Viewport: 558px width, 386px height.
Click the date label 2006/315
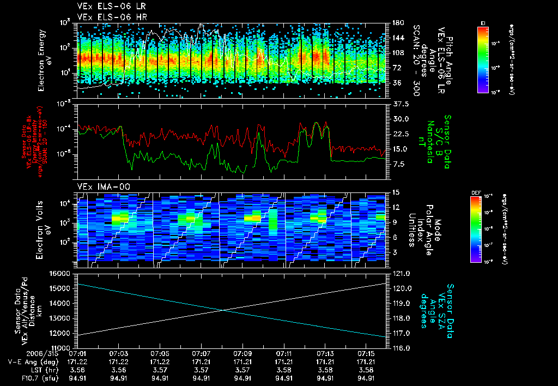pos(20,354)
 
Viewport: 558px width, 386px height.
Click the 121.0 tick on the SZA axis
pos(402,273)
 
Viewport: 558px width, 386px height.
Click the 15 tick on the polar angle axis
pos(396,192)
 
